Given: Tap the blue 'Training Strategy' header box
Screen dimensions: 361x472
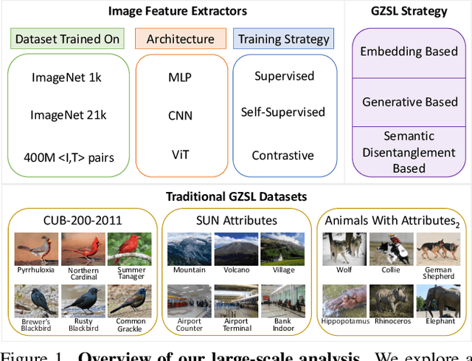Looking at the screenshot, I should pos(285,38).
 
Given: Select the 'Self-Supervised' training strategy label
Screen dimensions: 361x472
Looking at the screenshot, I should pos(283,112).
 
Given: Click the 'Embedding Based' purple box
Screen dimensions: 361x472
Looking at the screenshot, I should pos(409,52).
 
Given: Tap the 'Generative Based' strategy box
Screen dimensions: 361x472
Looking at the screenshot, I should pos(409,102).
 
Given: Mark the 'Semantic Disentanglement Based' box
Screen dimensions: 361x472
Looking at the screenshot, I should pos(409,152).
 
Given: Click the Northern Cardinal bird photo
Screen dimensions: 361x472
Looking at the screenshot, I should pos(83,249).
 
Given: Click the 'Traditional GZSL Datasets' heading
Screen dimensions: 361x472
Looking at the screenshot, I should pos(236,197).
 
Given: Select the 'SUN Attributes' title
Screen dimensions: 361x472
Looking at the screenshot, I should pos(236,220).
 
